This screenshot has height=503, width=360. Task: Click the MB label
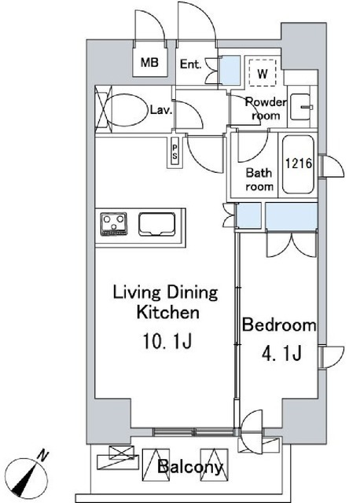pos(149,62)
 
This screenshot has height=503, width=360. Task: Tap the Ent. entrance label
pos(190,64)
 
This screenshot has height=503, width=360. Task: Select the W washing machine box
pos(263,73)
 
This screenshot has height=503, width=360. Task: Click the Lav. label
pos(161,111)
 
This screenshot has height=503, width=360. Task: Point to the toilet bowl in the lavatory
pos(127,110)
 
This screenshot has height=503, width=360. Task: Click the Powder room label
pos(266,108)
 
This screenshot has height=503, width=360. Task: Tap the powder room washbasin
pos(301,107)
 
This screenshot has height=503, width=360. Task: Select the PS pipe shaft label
pos(174,152)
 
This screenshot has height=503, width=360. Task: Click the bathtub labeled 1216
pos(299,164)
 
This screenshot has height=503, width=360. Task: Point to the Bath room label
pos(259,179)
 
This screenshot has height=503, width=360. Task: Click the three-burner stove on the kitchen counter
pos(114,224)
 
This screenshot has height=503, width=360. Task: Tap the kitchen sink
pos(157,224)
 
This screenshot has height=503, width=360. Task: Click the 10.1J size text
pos(167,342)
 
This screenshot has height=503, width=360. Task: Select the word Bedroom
pos(279,325)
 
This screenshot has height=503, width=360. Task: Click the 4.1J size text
pos(281,354)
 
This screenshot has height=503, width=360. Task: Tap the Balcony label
pos(190,466)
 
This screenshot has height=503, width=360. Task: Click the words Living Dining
pos(166,293)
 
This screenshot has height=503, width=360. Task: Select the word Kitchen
pos(168,312)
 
